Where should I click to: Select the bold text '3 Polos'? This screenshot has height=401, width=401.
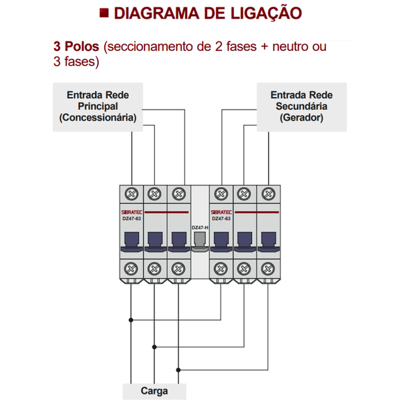click(76, 48)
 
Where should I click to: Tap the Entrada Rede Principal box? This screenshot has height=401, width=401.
click(98, 107)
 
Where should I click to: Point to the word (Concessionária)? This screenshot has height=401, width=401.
click(98, 118)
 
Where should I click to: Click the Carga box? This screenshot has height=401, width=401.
click(154, 391)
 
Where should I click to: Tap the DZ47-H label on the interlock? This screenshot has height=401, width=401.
click(200, 227)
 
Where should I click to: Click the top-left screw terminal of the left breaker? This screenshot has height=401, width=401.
click(132, 194)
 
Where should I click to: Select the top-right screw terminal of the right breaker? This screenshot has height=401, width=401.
click(269, 194)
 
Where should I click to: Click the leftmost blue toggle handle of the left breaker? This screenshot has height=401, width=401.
click(132, 241)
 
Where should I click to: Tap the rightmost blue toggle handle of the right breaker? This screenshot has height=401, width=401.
click(269, 241)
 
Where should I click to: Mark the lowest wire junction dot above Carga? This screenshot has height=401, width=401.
click(178, 370)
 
